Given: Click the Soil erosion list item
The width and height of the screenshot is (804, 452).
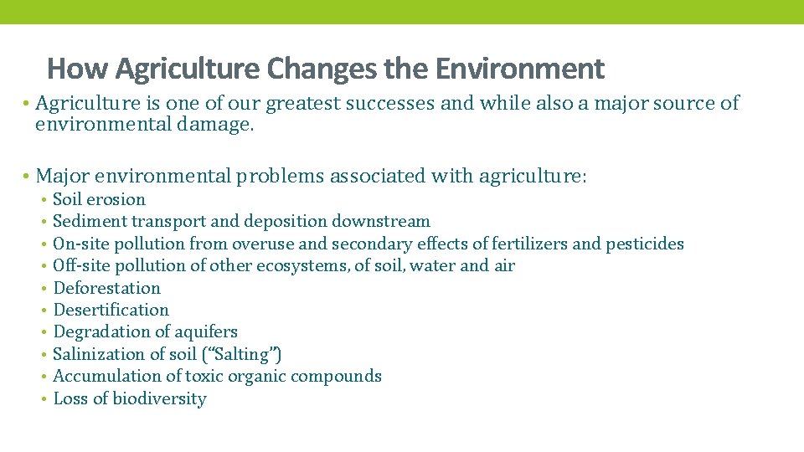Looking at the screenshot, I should (99, 199).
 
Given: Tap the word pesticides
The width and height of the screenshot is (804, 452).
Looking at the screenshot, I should (645, 244).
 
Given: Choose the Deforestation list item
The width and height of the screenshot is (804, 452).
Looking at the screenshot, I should (106, 288).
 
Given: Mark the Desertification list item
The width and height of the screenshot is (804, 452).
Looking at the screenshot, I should (111, 310).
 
